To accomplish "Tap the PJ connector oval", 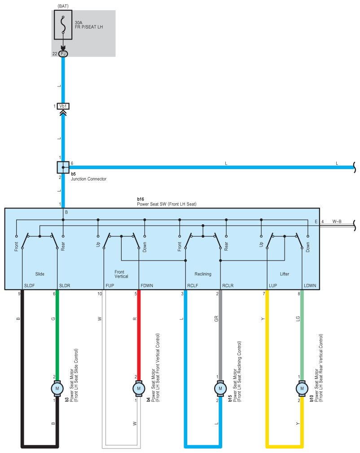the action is [63, 54].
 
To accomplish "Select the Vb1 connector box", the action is [63, 106].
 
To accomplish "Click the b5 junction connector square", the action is [63, 167].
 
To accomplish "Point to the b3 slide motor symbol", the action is [57, 388].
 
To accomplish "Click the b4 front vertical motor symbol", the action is [139, 388].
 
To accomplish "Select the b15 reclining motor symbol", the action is [220, 388].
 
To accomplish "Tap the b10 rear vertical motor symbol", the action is [302, 388].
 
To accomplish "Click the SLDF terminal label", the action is [30, 285].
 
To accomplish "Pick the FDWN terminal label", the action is [147, 285].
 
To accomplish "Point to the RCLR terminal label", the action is [228, 285].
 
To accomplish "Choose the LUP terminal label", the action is [273, 285].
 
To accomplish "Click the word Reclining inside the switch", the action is [203, 274].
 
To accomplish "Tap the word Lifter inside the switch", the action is [285, 274].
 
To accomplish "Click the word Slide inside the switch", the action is [40, 274].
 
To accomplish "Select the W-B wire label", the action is [337, 222].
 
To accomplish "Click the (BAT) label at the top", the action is [63, 6].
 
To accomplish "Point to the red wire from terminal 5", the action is [139, 335].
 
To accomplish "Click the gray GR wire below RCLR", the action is [220, 335].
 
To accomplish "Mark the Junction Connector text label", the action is [89, 179].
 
